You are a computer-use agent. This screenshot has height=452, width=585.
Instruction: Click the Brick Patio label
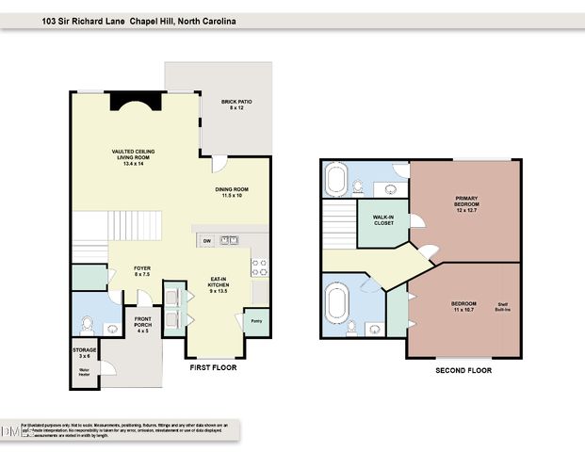[236, 105]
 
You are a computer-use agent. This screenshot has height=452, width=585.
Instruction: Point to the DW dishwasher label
[206, 241]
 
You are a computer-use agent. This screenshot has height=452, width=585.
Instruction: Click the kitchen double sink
[229, 241]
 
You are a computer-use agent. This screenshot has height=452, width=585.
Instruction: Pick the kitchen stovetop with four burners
[259, 266]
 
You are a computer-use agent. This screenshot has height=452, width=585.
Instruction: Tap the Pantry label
[255, 320]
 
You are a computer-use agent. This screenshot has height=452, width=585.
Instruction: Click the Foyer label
[141, 271]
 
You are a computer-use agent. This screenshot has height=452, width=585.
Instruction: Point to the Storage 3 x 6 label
[85, 353]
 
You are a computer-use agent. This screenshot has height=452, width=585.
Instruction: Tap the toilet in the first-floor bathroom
[88, 324]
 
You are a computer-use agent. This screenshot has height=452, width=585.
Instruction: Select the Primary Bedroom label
[465, 203]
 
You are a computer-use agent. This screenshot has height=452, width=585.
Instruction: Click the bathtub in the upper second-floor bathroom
[337, 178]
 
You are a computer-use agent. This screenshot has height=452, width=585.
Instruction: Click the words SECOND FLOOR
[463, 371]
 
